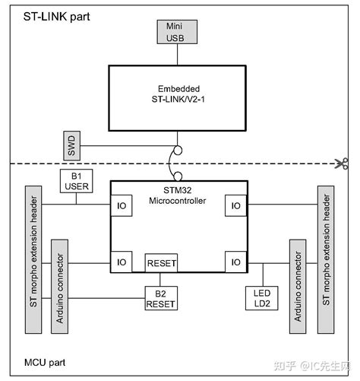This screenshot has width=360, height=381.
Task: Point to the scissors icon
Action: click(x=345, y=163)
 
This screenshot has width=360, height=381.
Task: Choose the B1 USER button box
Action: click(x=76, y=180)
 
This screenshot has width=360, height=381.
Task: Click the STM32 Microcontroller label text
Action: click(x=179, y=195)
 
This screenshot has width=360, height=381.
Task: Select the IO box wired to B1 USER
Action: click(x=122, y=205)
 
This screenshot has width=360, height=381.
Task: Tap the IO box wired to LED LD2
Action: click(x=236, y=262)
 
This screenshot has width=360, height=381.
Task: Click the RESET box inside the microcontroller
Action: click(x=160, y=263)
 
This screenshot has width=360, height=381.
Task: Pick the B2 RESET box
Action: click(x=160, y=298)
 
